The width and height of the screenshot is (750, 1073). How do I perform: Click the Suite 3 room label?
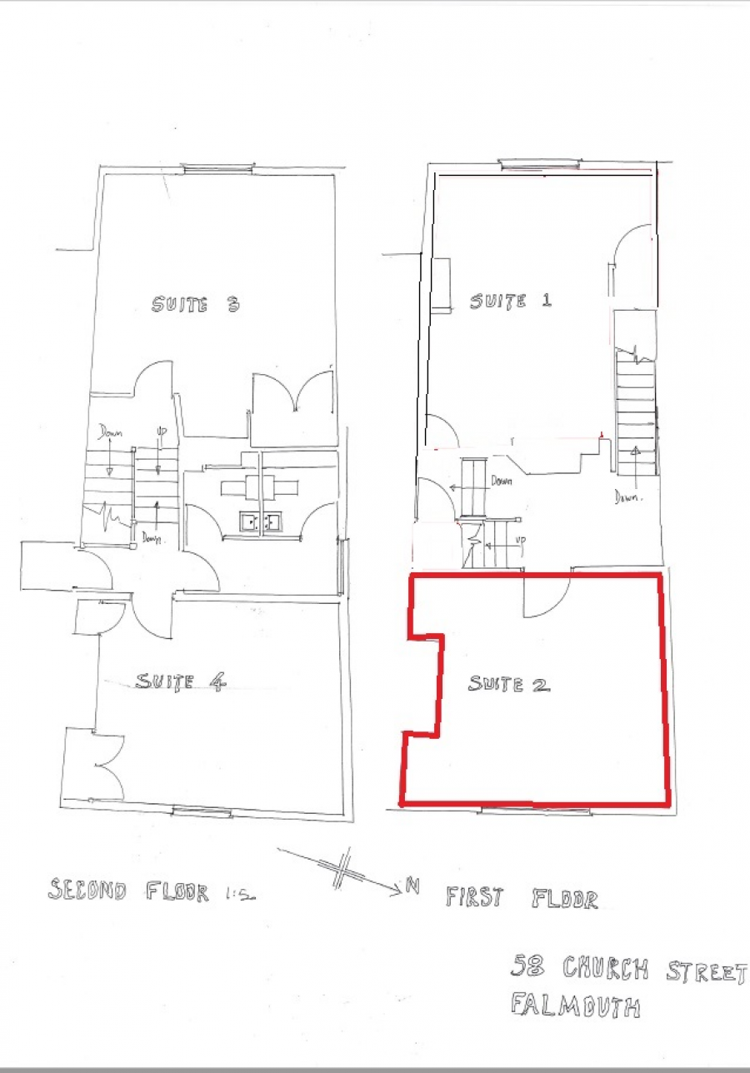click(x=196, y=305)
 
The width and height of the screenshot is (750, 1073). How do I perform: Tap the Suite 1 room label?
click(x=511, y=302)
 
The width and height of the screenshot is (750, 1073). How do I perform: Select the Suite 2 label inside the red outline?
click(x=509, y=685)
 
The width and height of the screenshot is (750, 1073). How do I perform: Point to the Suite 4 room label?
click(x=180, y=682)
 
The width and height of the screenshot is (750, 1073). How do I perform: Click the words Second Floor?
click(x=128, y=891)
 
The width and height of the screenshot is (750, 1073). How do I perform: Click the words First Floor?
click(x=522, y=897)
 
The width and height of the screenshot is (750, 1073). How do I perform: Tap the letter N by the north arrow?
click(x=412, y=886)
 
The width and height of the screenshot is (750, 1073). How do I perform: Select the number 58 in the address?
click(x=527, y=966)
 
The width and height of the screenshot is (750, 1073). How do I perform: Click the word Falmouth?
click(x=576, y=1005)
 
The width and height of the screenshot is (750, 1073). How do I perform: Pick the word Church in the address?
click(x=606, y=967)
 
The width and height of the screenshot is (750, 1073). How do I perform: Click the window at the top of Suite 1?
click(x=537, y=164)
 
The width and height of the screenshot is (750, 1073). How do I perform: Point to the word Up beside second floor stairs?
click(x=162, y=432)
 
